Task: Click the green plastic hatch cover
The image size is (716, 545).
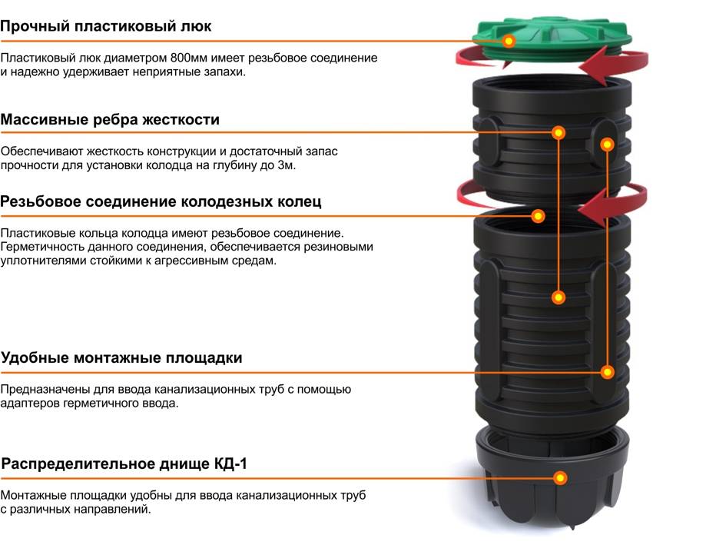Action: [552, 41]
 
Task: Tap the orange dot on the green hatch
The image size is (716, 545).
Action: [509, 41]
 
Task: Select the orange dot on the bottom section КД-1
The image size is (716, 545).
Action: [560, 478]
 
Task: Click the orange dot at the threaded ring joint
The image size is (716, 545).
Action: [539, 216]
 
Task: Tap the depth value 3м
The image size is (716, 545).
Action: [287, 165]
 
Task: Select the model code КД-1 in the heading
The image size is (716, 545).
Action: [230, 464]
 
